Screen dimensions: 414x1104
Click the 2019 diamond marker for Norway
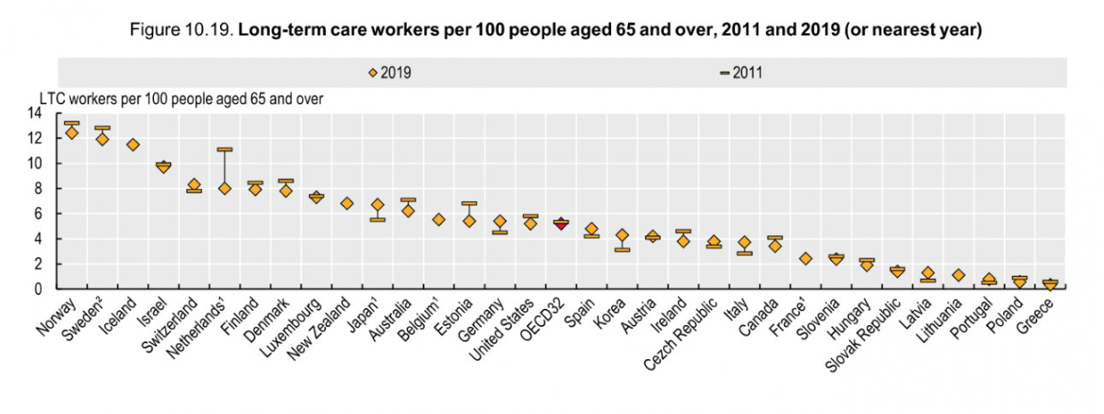[72, 133]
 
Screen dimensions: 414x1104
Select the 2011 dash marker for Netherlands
[225, 150]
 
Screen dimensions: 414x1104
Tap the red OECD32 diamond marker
[561, 224]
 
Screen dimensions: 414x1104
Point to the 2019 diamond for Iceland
[133, 145]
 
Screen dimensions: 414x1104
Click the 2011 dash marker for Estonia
[469, 204]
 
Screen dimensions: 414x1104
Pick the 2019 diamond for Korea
[622, 235]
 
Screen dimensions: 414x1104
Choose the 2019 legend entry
[390, 73]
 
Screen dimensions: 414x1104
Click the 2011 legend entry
[740, 73]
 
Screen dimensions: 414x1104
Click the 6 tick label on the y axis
[38, 214]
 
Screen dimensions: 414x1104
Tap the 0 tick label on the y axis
[38, 289]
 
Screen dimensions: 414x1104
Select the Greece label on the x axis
[1036, 311]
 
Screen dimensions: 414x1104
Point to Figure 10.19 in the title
[180, 31]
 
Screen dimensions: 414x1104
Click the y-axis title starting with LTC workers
[181, 98]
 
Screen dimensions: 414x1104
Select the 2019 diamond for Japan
[377, 205]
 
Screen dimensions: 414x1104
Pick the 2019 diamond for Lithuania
[959, 275]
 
